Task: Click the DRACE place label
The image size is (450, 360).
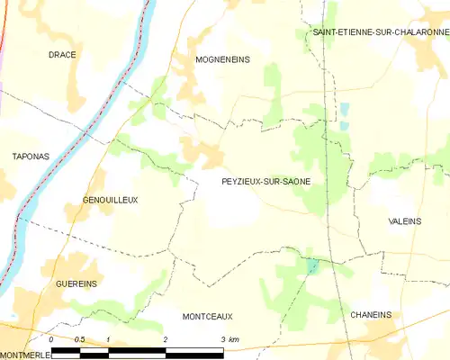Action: click(62, 55)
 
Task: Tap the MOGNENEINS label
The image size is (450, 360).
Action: click(222, 59)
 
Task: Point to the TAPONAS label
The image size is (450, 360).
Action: click(31, 157)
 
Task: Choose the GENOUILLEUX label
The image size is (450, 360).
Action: click(110, 200)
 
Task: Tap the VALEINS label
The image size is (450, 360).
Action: click(405, 221)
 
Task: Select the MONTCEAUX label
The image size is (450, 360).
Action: click(207, 316)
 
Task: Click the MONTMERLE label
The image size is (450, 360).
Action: click(26, 354)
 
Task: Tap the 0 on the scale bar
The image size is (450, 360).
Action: click(52, 339)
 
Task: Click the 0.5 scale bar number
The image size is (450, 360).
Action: click(79, 339)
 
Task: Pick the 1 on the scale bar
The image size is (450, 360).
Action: click(108, 339)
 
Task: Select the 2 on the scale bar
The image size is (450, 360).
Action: click(166, 339)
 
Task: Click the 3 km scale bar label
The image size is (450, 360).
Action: click(229, 339)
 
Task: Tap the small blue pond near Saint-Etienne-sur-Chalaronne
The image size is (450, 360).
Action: click(344, 111)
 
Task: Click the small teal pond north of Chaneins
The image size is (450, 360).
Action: click(312, 267)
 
